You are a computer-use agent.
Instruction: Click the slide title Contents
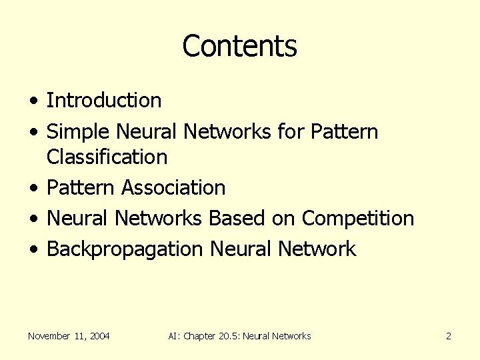pyautogui.click(x=239, y=46)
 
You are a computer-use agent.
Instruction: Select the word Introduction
pyautogui.click(x=104, y=101)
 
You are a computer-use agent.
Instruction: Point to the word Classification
pyautogui.click(x=107, y=157)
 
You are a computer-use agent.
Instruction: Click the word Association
pyautogui.click(x=173, y=188)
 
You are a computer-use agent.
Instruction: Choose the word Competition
pyautogui.click(x=358, y=219)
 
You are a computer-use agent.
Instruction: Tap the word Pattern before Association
pyautogui.click(x=81, y=188)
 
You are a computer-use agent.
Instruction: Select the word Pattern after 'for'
pyautogui.click(x=344, y=132)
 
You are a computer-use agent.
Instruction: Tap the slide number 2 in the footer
pyautogui.click(x=449, y=336)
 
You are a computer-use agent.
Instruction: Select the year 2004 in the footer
pyautogui.click(x=99, y=336)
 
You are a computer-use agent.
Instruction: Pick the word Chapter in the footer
pyautogui.click(x=198, y=336)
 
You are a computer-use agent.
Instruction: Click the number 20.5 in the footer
pyautogui.click(x=228, y=336)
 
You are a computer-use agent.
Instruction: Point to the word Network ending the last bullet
pyautogui.click(x=317, y=249)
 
